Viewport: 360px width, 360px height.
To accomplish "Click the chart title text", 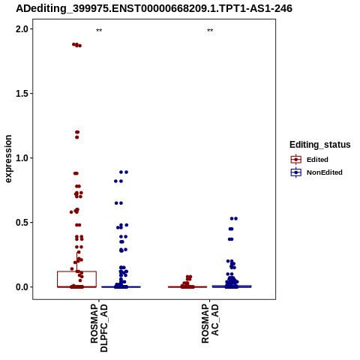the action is pos(154,8).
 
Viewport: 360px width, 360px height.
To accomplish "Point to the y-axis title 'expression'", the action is pos(8,159).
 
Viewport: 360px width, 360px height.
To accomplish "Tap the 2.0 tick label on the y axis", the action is pos(21,29).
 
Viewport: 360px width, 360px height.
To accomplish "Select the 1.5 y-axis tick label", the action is pos(21,94).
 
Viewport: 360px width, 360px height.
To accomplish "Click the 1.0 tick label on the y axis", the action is pos(21,158).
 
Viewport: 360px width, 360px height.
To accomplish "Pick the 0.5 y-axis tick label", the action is pos(21,223).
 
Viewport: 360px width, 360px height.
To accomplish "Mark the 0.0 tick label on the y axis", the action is pos(21,287).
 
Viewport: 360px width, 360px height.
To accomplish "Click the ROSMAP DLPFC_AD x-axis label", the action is pos(99,328).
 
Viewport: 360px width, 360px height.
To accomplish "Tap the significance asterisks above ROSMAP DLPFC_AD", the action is pos(99,31).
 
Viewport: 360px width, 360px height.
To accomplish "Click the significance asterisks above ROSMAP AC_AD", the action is pos(210,31).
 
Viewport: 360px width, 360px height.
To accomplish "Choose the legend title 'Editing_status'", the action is pos(320,145).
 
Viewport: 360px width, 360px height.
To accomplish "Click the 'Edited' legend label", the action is pos(317,160).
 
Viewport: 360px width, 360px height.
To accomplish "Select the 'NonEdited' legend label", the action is pos(325,172).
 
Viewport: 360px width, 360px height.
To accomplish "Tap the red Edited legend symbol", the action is pos(296,160).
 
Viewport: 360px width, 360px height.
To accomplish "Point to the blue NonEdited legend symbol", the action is pos(296,172).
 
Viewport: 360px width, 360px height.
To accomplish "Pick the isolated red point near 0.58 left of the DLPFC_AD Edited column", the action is pos(71,212).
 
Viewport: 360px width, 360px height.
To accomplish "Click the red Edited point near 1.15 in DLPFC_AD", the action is pos(76,137).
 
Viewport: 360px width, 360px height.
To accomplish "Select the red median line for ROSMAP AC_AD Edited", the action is pos(187,286).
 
